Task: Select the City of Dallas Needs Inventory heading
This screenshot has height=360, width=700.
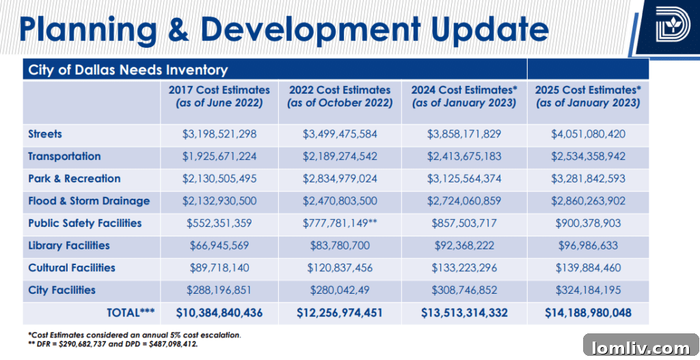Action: click(128, 70)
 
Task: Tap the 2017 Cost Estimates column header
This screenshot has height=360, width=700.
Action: click(219, 96)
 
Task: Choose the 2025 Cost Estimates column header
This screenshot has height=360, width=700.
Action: click(588, 96)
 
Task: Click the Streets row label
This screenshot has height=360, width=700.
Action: click(45, 134)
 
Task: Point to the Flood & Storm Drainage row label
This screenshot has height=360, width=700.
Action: click(89, 201)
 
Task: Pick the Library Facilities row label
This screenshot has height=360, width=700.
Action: click(69, 245)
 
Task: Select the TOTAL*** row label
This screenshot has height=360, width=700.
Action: click(131, 313)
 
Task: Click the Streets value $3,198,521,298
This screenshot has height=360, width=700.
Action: click(219, 135)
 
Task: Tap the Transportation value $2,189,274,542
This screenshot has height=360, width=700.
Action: click(340, 156)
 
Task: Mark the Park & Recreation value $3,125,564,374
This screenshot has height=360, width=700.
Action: click(464, 179)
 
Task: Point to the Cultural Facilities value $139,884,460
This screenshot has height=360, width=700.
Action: click(588, 268)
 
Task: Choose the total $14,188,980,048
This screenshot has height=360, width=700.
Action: click(588, 313)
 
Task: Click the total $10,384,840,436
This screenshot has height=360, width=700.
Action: click(219, 313)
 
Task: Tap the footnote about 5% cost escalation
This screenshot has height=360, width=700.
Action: click(135, 335)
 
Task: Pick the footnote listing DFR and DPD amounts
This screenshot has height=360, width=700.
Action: click(113, 344)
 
